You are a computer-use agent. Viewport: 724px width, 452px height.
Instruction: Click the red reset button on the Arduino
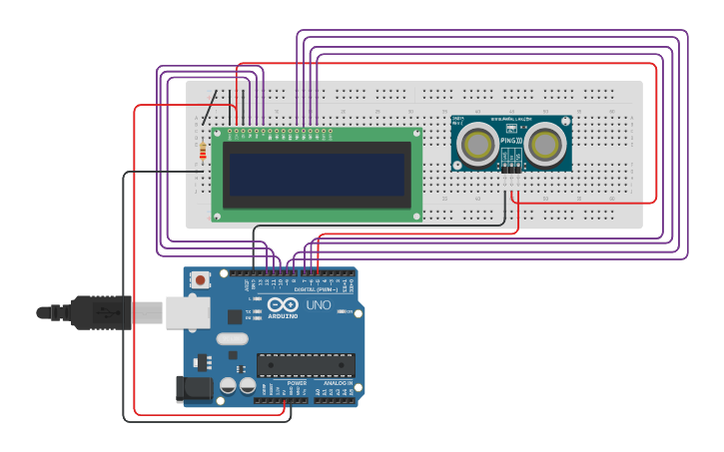[201, 280]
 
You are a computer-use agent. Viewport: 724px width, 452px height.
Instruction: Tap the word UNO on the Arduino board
[319, 305]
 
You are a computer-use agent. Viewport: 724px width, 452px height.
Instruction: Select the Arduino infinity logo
[283, 304]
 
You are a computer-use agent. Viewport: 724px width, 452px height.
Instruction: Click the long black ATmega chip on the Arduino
[306, 365]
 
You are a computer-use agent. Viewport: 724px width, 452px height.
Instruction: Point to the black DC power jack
[193, 387]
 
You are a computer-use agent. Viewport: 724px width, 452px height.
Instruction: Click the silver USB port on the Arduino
[187, 312]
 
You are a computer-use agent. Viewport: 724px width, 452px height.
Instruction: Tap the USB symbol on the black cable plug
[101, 312]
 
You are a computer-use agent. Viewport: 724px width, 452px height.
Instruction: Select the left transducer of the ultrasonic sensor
[477, 145]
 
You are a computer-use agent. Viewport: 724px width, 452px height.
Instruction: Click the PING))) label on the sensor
[511, 141]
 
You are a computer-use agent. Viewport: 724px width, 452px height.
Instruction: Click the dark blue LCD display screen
[316, 175]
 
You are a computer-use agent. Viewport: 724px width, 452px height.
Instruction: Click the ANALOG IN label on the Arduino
[336, 383]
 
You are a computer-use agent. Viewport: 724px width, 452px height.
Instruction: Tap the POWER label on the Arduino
[297, 383]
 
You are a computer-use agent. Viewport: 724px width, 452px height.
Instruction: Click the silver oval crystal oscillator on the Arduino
[232, 338]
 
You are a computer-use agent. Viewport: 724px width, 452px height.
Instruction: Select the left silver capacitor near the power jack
[228, 385]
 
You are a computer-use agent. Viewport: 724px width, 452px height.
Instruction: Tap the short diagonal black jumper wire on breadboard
[210, 108]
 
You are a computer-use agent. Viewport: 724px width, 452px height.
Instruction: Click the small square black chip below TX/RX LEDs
[235, 317]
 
